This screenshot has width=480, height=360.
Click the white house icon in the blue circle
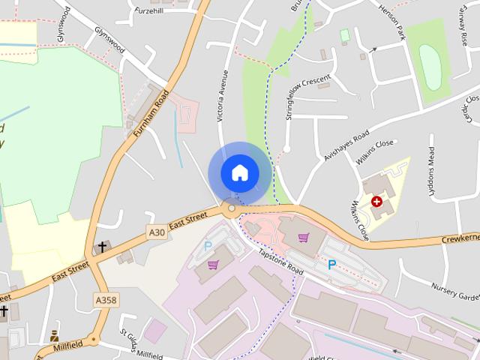tap(239, 172)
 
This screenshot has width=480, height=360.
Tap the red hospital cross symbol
tap(376, 202)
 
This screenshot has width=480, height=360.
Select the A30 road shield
tap(157, 232)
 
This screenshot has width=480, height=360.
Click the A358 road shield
tap(106, 299)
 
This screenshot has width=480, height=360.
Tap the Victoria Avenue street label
tap(223, 96)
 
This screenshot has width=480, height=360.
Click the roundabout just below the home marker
tap(232, 208)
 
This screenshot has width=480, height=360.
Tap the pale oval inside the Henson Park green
tap(430, 64)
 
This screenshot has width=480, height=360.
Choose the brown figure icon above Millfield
tap(54, 336)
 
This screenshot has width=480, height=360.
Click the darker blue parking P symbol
tap(331, 264)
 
